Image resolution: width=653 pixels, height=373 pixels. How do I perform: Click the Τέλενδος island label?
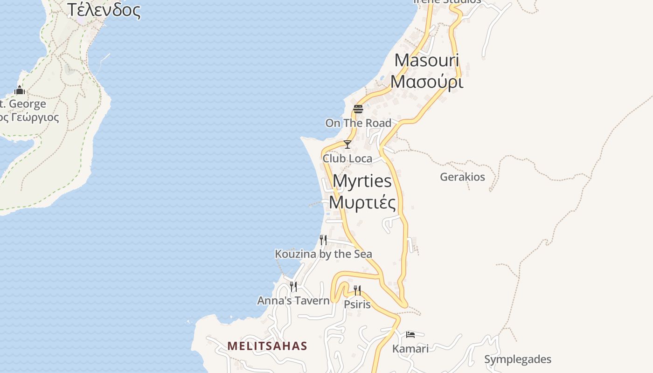tap(104, 10)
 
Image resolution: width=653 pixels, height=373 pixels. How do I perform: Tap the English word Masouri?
tap(426, 60)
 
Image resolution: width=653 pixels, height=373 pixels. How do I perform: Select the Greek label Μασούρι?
tap(426, 82)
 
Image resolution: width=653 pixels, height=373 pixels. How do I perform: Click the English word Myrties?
tap(362, 181)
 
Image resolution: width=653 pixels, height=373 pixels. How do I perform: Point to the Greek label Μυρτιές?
tap(362, 202)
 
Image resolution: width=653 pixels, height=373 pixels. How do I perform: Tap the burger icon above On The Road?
tap(358, 109)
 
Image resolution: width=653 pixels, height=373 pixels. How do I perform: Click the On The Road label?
tap(358, 123)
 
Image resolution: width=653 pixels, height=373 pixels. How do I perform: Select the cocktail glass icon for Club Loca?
tap(347, 145)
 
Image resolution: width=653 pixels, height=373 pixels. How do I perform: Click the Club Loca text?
tap(347, 159)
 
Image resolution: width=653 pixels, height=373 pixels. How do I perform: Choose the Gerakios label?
tap(462, 177)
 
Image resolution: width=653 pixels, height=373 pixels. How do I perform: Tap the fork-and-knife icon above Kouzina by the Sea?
tap(323, 240)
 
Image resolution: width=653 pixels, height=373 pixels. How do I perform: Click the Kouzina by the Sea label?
tap(323, 254)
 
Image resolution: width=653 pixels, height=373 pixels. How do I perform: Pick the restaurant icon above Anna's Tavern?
tap(293, 286)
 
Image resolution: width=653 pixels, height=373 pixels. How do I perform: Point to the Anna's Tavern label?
tap(293, 301)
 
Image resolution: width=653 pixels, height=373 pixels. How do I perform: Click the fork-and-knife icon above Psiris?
tap(357, 290)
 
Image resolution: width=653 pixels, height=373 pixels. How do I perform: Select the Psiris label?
tap(357, 305)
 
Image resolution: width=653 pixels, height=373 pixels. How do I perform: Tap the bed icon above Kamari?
tap(410, 334)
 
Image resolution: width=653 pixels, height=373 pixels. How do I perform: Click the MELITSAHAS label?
tap(267, 346)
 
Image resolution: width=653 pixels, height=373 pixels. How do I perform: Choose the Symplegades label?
tap(517, 359)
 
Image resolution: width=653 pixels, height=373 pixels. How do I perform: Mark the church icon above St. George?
tap(20, 90)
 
